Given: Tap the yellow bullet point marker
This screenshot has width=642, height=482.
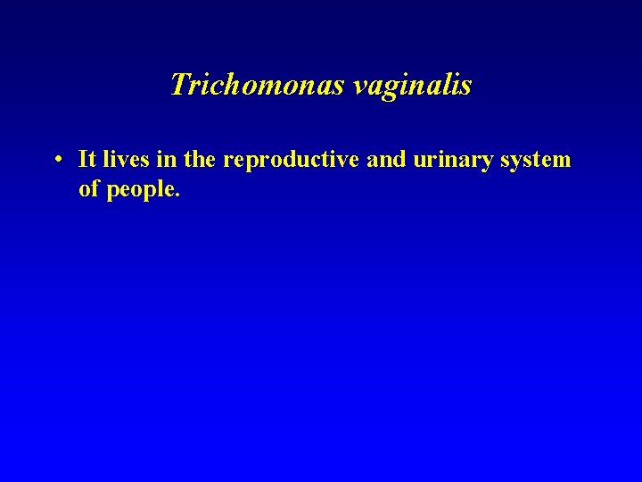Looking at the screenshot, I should pos(56,162).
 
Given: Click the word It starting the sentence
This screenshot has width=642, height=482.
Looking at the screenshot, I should pos(87,160).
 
